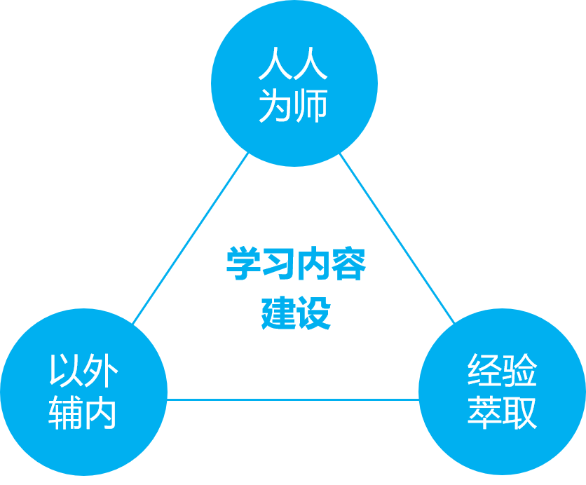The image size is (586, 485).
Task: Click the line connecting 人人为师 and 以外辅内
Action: point(189,238)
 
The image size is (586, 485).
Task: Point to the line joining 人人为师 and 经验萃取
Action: point(397,238)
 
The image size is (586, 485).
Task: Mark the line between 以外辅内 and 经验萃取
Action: point(293,400)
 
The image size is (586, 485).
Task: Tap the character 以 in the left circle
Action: point(65,371)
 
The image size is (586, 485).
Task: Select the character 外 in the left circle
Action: point(101,371)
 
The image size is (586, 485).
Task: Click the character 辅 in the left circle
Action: point(65,414)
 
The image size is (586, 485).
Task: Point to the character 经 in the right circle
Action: point(484,371)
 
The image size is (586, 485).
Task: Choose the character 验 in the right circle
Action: point(520,371)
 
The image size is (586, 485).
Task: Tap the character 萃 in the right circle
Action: point(484,414)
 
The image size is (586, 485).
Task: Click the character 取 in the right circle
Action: point(520,414)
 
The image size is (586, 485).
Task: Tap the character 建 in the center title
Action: point(278,313)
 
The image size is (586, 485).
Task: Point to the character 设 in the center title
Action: point(313,313)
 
